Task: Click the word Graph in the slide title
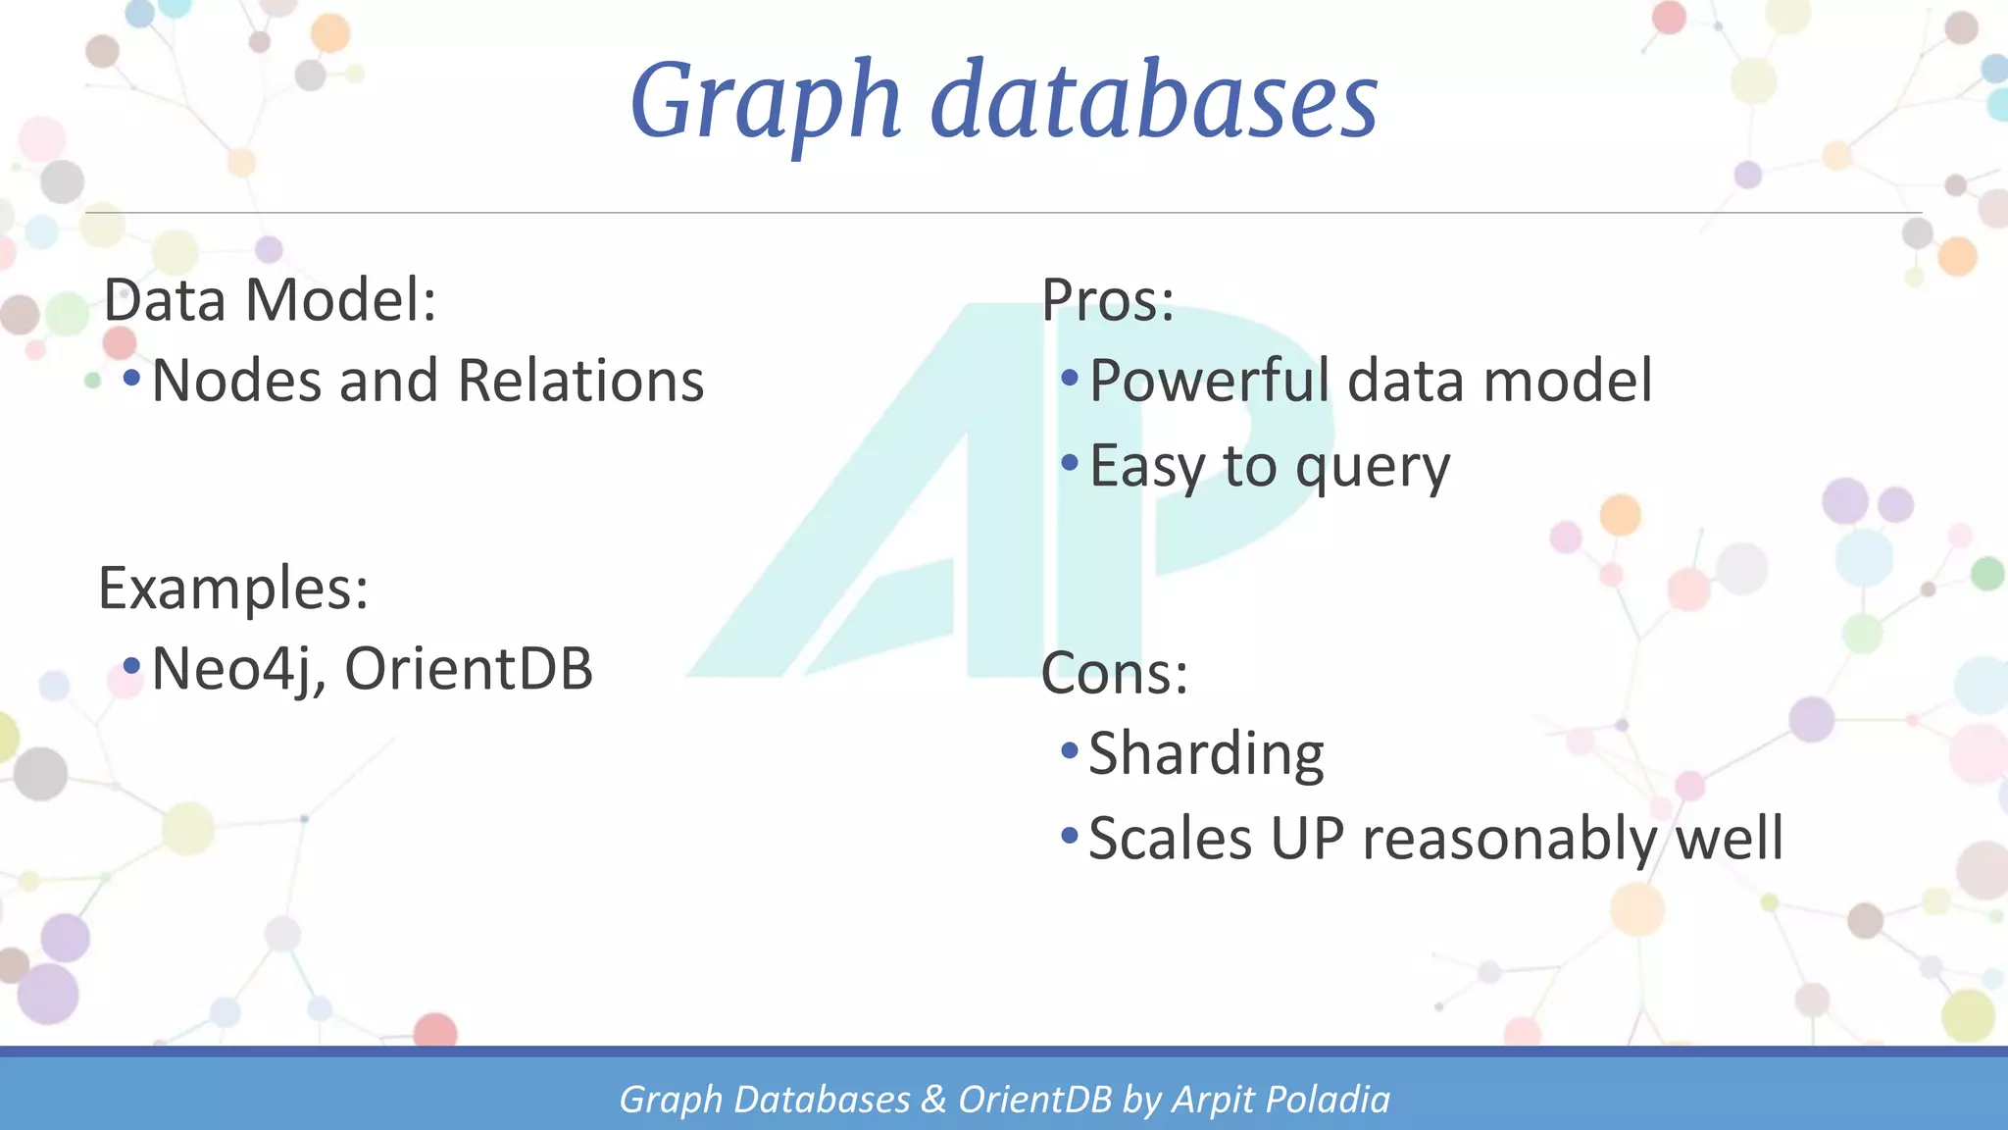coord(765,102)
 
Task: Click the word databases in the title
coord(1154,102)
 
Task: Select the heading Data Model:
coord(270,300)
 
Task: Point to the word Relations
coord(580,381)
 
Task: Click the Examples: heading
coord(233,589)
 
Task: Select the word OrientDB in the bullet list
coord(469,669)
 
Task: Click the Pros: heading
coord(1107,300)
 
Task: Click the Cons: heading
coord(1114,674)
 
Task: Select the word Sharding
coord(1206,754)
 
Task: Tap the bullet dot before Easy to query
coord(1070,461)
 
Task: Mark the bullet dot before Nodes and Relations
coord(131,377)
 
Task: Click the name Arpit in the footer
coord(1212,1100)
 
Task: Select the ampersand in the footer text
coord(933,1100)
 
